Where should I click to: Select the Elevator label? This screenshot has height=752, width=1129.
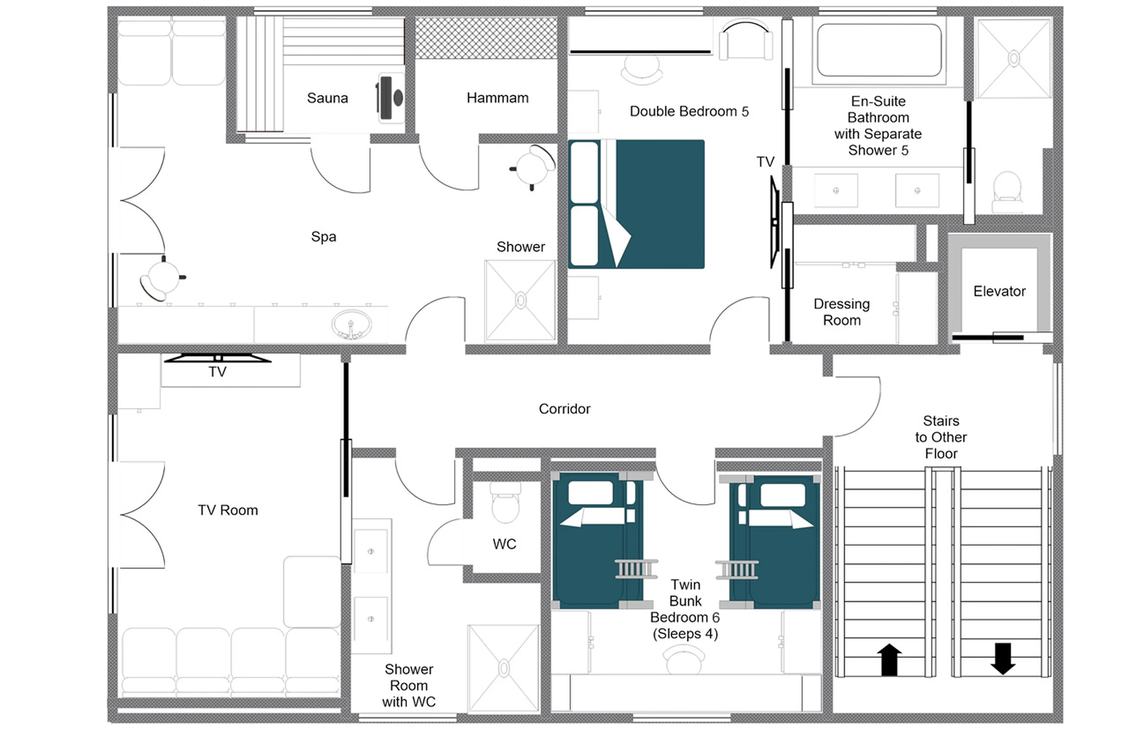click(x=999, y=291)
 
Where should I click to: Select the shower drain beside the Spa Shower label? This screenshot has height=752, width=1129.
click(x=521, y=300)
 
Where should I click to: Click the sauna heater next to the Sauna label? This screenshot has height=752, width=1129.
click(x=390, y=98)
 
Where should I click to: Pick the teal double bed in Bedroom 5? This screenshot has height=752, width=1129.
click(x=652, y=204)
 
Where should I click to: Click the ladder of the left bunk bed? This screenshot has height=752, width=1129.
click(x=636, y=569)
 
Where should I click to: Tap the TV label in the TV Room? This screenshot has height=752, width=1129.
click(x=217, y=372)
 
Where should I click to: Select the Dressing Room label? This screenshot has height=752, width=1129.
click(x=841, y=312)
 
